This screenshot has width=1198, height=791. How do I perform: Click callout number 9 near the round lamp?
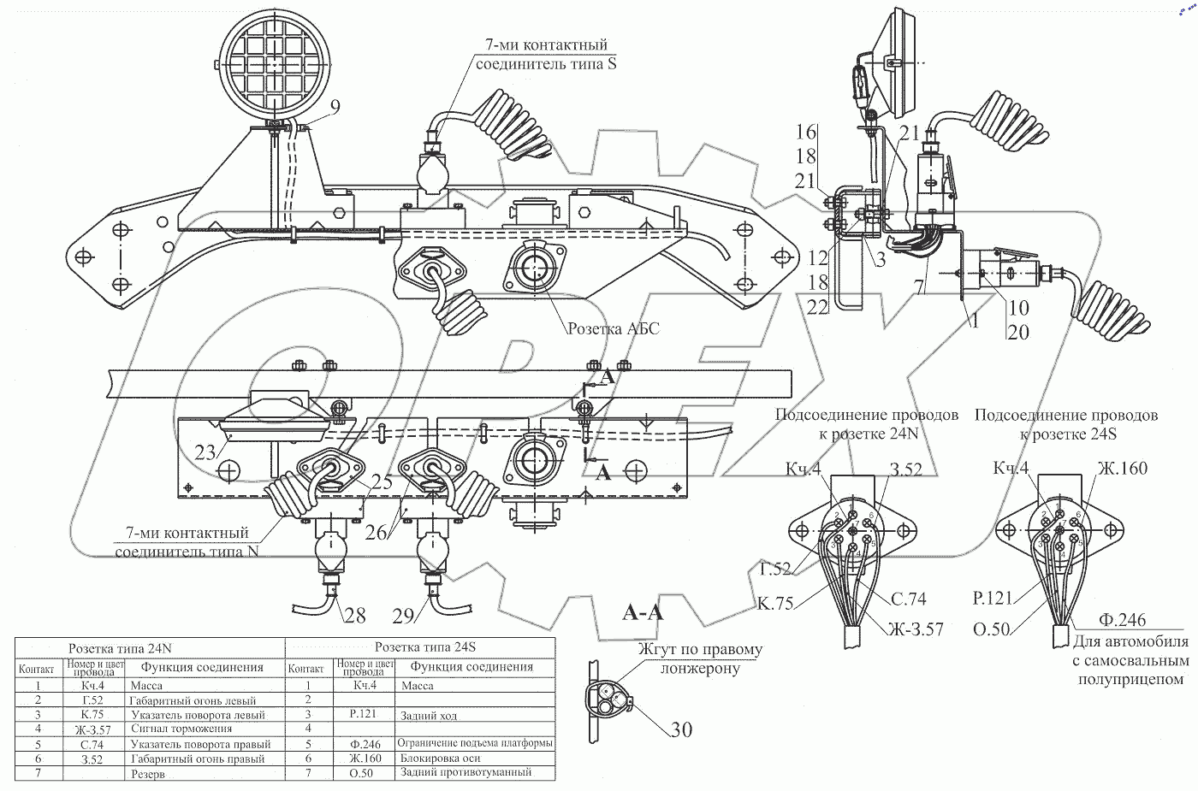click(334, 107)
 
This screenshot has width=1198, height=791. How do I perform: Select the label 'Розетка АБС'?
click(613, 329)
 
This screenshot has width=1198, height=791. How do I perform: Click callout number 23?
click(205, 452)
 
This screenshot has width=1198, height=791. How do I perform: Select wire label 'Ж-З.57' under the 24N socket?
click(915, 629)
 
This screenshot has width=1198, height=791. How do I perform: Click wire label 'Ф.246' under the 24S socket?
click(1122, 620)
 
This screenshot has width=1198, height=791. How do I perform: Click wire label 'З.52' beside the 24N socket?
click(906, 468)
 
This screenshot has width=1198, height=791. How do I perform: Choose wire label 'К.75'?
click(774, 602)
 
